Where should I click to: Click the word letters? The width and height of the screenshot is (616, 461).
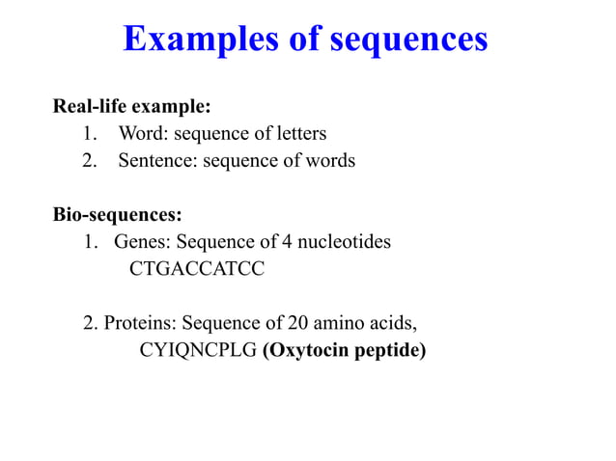(300, 133)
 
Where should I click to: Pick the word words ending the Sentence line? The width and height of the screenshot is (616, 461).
(330, 160)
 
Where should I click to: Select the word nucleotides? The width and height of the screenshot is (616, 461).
(346, 241)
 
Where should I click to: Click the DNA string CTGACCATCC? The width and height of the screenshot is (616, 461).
(196, 268)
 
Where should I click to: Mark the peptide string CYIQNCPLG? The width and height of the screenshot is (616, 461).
(198, 349)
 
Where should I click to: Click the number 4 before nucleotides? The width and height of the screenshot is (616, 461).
(288, 241)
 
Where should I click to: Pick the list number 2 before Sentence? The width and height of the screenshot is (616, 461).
(90, 160)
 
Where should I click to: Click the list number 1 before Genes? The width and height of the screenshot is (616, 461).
(90, 241)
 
